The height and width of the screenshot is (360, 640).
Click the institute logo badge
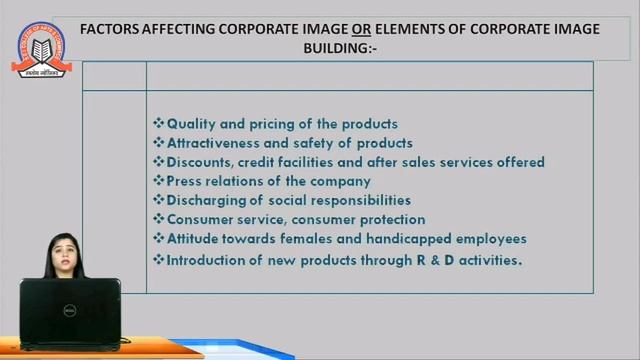[41, 39]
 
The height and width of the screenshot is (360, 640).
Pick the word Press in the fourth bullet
[185, 181]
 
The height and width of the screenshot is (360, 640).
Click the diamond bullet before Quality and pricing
[158, 124]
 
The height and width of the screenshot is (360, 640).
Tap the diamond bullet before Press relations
[158, 181]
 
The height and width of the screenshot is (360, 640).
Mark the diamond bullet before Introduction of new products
[158, 260]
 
